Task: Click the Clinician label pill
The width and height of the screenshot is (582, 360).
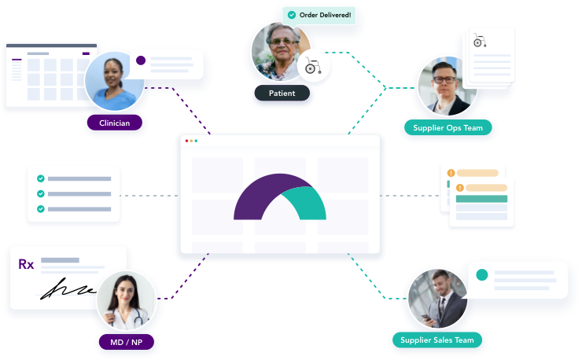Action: click(x=114, y=123)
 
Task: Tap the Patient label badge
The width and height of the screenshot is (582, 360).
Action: click(x=282, y=94)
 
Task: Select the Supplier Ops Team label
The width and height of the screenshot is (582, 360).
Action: click(x=448, y=127)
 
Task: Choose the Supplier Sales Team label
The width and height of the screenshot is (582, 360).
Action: click(x=436, y=340)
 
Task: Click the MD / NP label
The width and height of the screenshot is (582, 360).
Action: click(x=126, y=342)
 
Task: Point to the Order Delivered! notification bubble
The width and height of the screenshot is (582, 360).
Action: click(x=319, y=15)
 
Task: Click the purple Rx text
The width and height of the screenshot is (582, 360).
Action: click(x=26, y=264)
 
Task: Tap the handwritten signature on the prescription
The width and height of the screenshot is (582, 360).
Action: click(x=67, y=288)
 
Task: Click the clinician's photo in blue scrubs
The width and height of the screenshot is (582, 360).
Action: click(x=114, y=81)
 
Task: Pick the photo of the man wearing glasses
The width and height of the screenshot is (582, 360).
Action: click(x=447, y=86)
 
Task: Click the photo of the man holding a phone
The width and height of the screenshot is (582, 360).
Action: click(x=437, y=299)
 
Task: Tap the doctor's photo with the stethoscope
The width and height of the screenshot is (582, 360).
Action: click(x=126, y=300)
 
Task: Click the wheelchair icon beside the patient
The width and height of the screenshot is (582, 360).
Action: click(x=313, y=66)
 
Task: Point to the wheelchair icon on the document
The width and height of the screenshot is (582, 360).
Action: click(x=480, y=40)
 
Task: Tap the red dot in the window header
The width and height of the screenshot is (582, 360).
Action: click(x=186, y=141)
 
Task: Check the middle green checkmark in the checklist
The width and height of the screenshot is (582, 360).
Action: click(x=41, y=193)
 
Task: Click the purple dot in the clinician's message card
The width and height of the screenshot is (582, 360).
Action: click(x=141, y=61)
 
